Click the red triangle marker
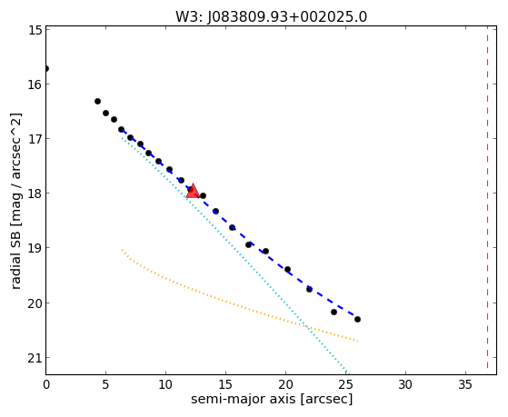click(193, 192)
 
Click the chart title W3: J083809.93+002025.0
click(271, 16)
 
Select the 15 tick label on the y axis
click(35, 30)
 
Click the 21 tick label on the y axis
click(35, 358)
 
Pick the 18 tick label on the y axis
click(35, 194)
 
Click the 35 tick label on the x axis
click(465, 384)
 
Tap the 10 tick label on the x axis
click(165, 384)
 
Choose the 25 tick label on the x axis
click(345, 384)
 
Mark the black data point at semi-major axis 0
click(46, 68)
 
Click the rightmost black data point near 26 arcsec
click(357, 319)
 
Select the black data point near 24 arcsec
click(334, 312)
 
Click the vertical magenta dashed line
click(487, 197)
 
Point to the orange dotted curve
click(227, 302)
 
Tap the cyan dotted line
click(234, 254)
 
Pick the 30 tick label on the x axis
click(405, 384)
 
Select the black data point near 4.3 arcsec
click(97, 101)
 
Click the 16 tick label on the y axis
click(35, 84)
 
